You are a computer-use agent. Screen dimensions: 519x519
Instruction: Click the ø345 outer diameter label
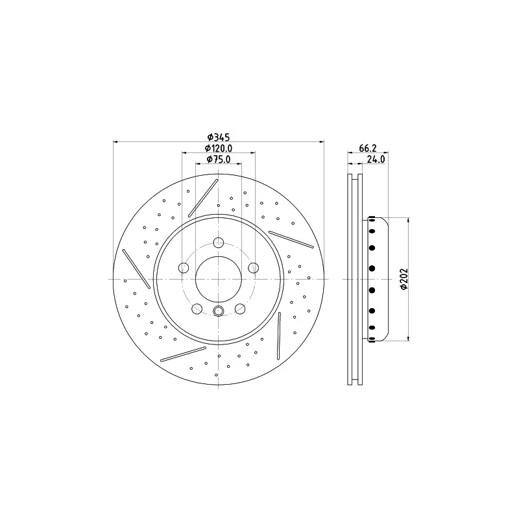click(219, 137)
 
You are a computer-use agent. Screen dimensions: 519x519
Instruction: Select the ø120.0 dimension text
click(219, 148)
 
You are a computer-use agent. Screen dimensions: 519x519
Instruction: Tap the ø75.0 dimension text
click(219, 159)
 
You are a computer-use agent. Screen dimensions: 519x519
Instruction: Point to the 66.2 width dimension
click(368, 148)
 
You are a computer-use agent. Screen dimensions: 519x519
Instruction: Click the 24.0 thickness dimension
click(376, 159)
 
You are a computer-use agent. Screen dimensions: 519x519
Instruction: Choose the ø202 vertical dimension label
click(404, 279)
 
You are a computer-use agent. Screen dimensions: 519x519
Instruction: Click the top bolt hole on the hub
click(219, 243)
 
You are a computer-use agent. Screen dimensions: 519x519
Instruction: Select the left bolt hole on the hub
click(184, 267)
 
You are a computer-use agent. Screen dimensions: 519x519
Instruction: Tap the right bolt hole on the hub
click(254, 267)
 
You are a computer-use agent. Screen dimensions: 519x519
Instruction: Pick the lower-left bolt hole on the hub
click(197, 309)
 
